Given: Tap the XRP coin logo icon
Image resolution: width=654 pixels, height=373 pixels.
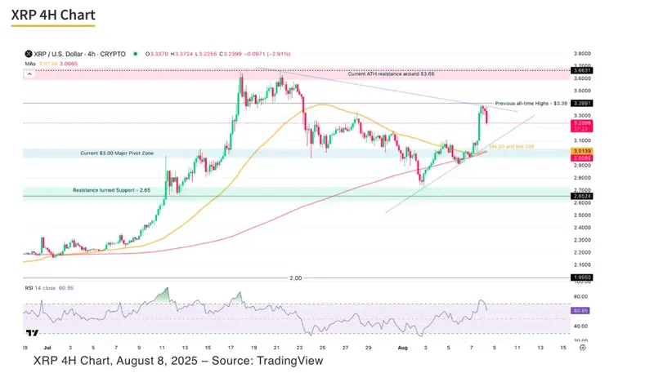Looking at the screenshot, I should [29, 53].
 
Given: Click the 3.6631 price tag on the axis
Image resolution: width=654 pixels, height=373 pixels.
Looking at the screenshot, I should [580, 71].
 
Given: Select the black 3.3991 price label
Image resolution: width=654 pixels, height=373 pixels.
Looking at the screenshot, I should [580, 104].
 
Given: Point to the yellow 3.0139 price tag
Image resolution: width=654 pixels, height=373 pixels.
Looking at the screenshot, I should [580, 151].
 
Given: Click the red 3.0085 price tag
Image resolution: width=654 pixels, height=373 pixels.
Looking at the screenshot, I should [580, 158].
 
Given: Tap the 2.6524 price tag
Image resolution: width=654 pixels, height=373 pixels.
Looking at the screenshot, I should [580, 196].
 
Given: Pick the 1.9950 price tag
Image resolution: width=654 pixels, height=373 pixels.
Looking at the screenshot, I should [580, 278].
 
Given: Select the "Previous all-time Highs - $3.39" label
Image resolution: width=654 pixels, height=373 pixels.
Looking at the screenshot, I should [531, 104].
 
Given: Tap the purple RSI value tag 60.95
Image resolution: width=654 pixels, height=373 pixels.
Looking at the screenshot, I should [580, 311].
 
